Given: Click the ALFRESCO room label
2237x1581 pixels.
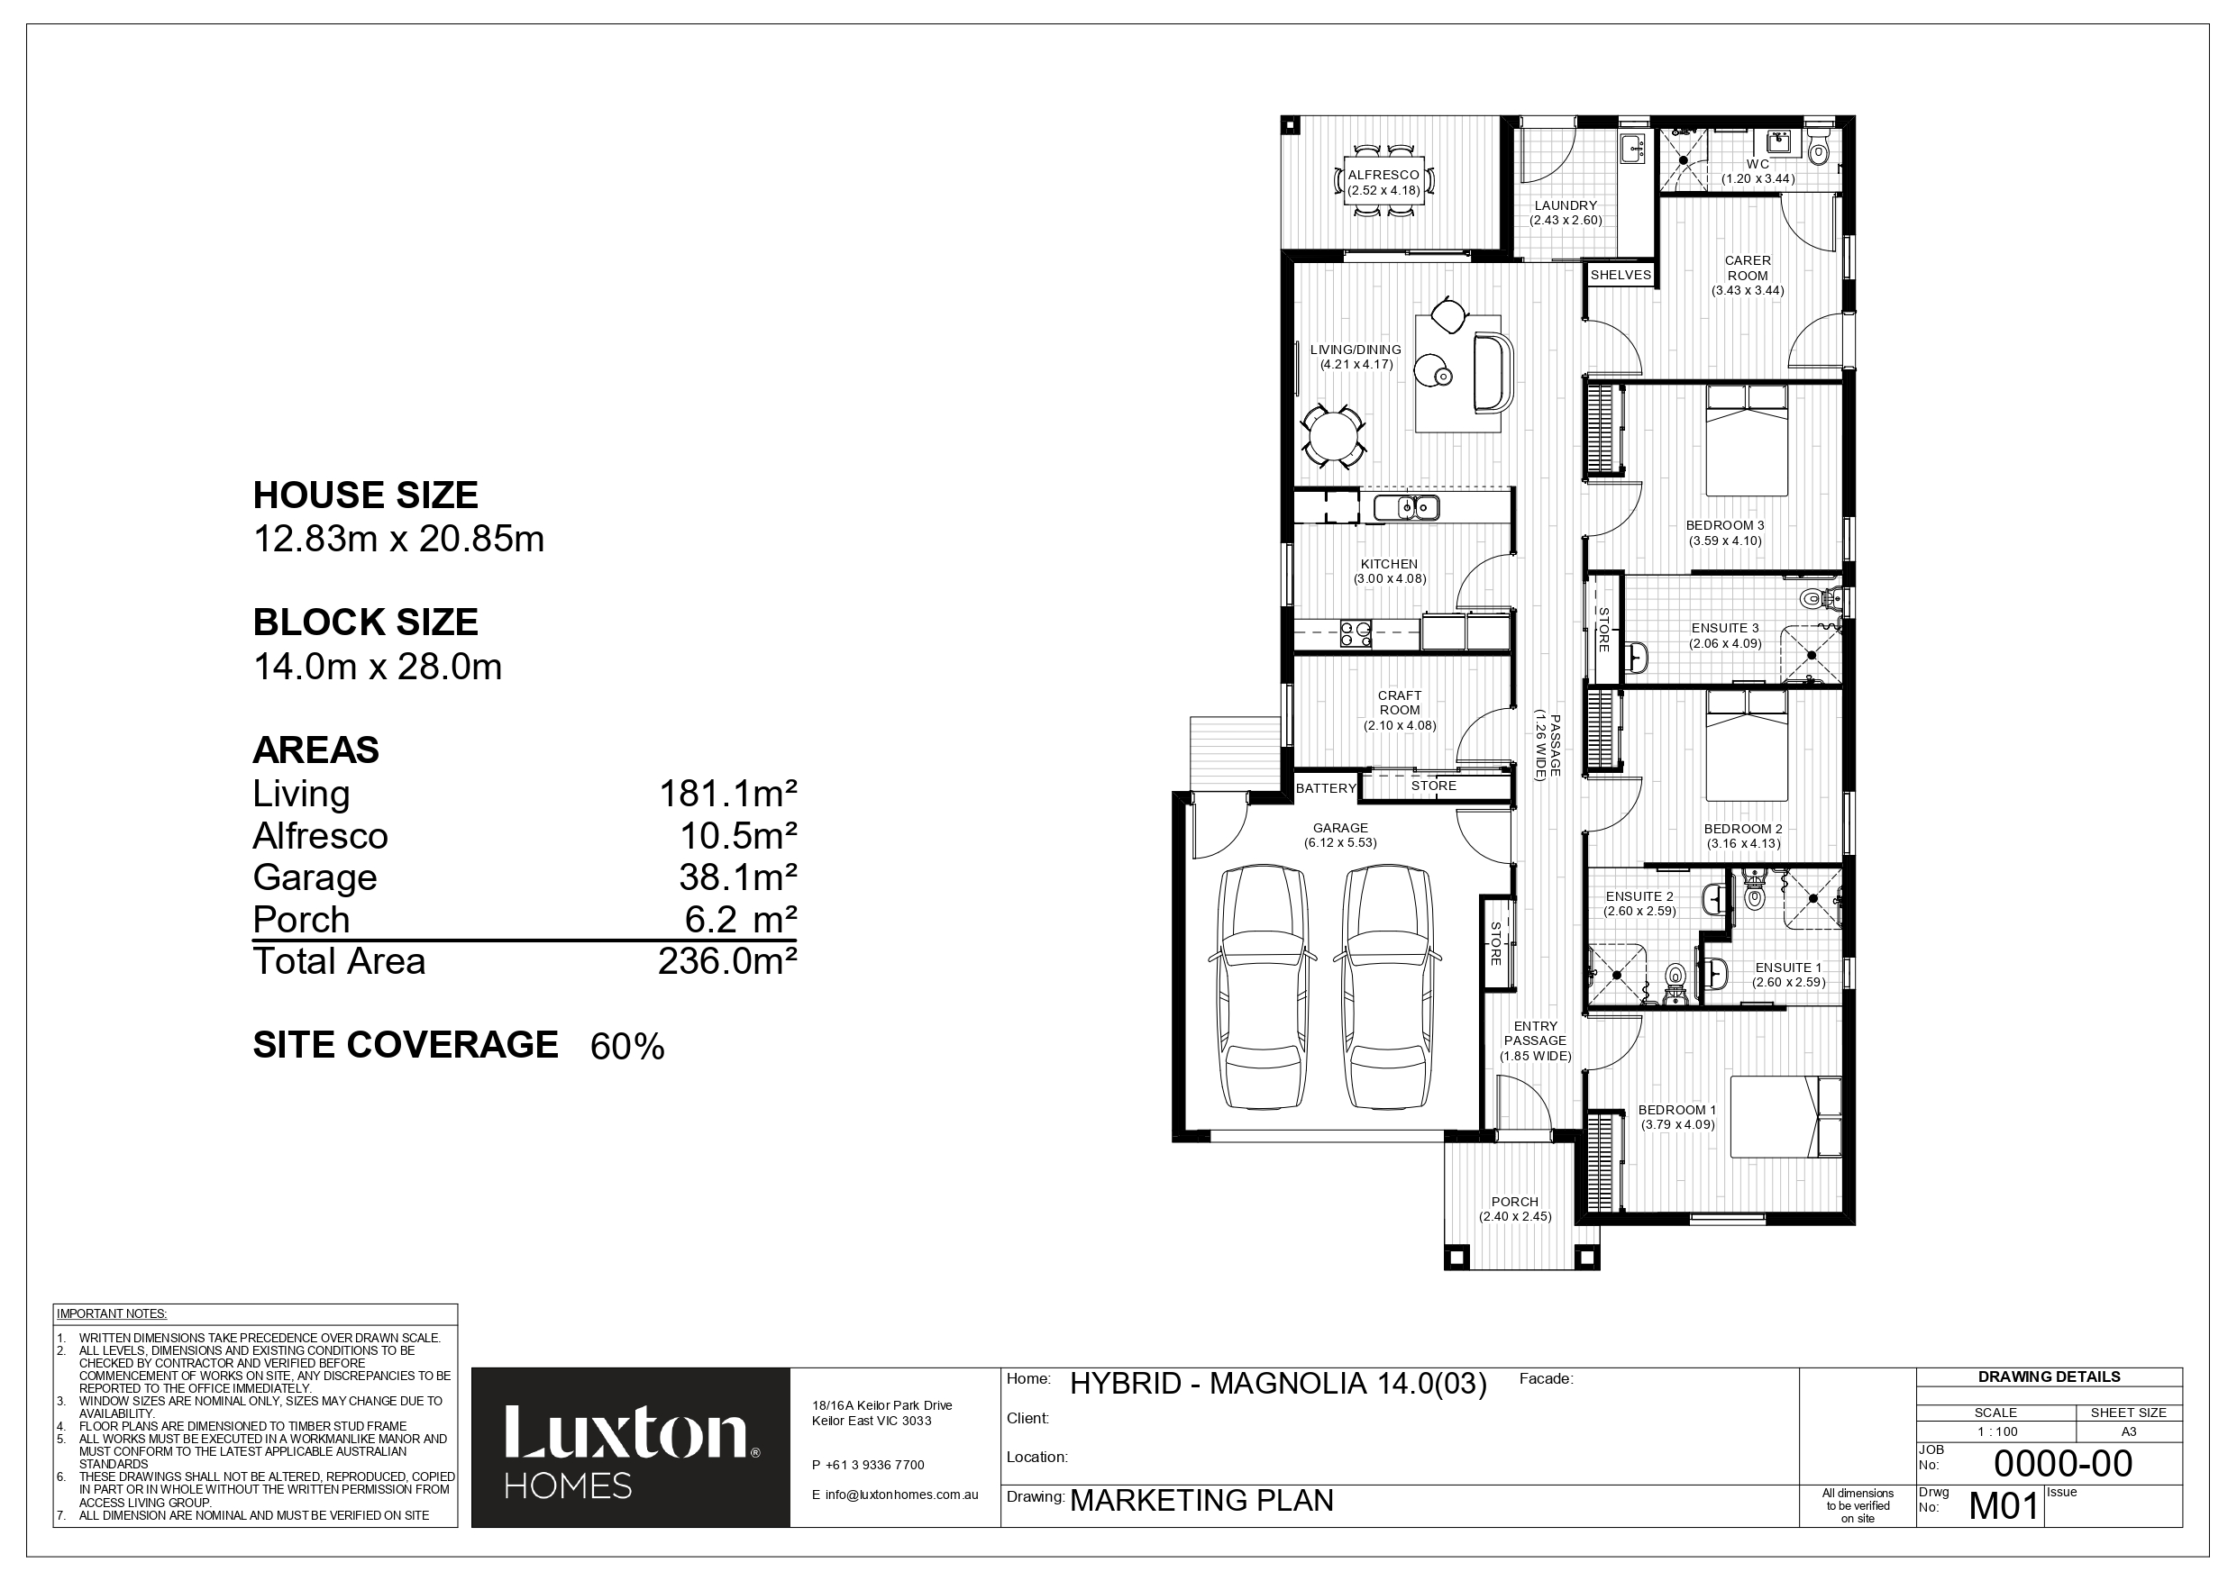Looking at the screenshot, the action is click(x=1383, y=176).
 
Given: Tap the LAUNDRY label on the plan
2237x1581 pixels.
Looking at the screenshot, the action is click(x=1566, y=205).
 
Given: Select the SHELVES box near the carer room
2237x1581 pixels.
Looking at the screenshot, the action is click(x=1621, y=276).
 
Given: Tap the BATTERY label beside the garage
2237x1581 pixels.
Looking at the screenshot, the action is click(x=1326, y=788).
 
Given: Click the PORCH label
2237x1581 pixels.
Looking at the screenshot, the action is click(x=1514, y=1202).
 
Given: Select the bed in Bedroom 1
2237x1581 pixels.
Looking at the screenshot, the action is click(x=1785, y=1116).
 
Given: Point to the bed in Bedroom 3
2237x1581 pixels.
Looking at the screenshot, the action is click(x=1747, y=440).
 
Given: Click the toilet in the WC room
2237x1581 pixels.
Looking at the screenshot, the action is click(x=1818, y=147).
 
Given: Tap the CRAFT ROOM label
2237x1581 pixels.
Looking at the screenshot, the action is click(x=1400, y=703).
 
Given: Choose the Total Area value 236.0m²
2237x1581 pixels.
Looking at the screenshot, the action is click(x=728, y=961).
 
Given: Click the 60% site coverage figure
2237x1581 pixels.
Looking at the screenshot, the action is click(x=627, y=1047).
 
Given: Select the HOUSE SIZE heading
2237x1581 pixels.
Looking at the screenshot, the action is click(x=365, y=495).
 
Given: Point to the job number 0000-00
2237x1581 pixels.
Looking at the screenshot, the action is click(x=2064, y=1463).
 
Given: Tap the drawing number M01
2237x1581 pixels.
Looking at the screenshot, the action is click(x=2004, y=1506).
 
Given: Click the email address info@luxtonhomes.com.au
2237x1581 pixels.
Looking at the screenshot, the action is click(x=894, y=1495).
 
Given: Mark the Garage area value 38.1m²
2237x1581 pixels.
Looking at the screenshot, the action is click(x=737, y=877).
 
